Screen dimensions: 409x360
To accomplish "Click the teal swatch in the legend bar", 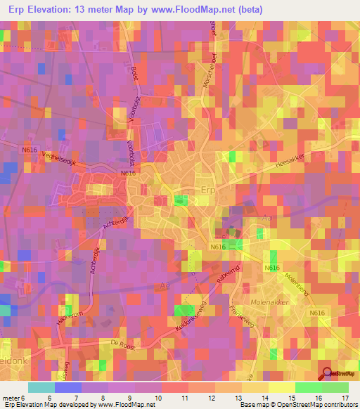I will tap(41, 387).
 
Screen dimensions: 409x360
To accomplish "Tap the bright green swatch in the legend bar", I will tap(309, 387).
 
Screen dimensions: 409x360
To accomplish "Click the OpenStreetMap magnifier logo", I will tap(328, 373).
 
